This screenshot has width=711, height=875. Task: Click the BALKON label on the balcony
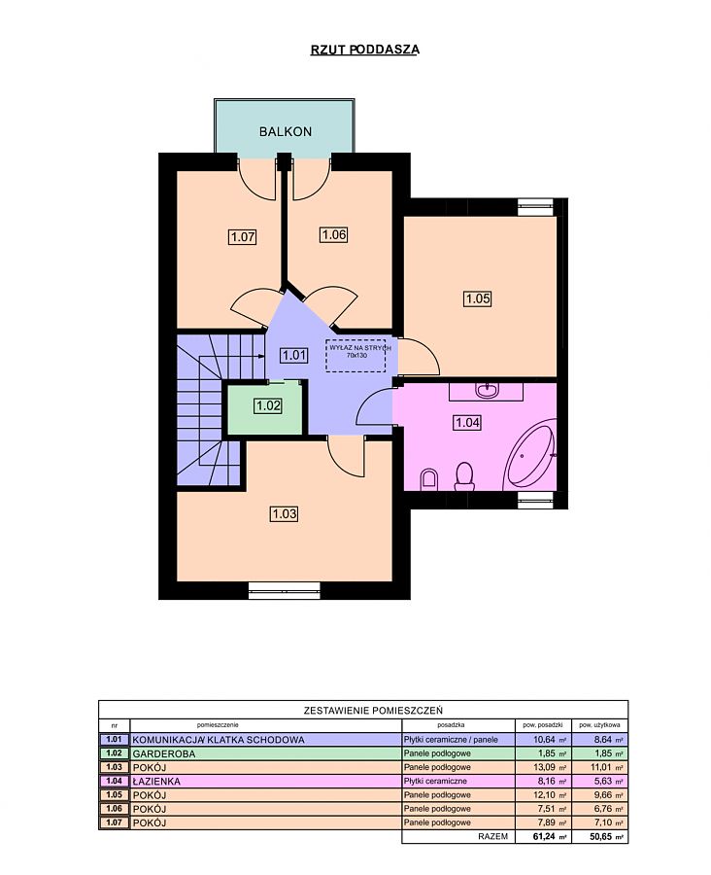point(285,132)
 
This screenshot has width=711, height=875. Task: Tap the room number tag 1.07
point(243,236)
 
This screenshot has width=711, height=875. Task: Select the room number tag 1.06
point(334,235)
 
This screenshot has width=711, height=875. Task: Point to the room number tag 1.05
point(478,298)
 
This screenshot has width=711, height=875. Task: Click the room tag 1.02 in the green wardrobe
point(268,405)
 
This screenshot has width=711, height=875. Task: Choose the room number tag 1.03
point(284,513)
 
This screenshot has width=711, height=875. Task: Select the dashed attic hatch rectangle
point(356,355)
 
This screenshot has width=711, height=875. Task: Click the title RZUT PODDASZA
point(364,50)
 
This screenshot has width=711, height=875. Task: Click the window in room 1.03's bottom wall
point(285,590)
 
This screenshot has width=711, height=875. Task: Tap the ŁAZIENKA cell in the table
point(156,782)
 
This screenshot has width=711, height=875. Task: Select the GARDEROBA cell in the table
point(164,753)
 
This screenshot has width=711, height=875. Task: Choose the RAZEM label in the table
point(493,837)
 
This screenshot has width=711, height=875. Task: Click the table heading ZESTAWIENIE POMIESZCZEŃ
point(373,711)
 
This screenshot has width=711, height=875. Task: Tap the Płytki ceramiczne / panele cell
point(451,740)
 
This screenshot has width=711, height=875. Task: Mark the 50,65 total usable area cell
point(605,837)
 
